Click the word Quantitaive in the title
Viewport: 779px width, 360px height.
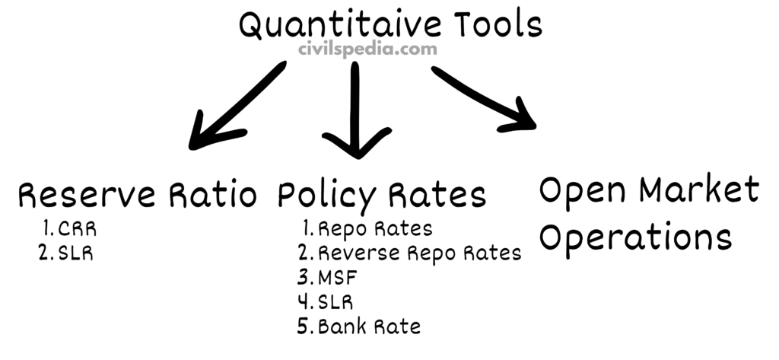point(340,24)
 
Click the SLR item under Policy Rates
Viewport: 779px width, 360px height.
point(328,302)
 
